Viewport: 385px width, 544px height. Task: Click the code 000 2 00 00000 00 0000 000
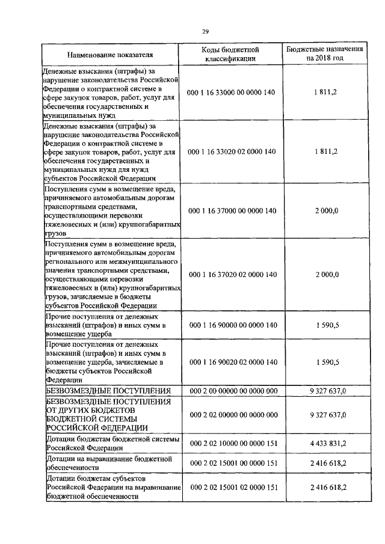pos(233,391)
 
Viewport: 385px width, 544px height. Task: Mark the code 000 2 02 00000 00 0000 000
pos(233,415)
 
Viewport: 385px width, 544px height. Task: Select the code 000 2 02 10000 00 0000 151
pos(233,443)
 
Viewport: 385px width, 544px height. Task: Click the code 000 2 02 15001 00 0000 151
pos(233,463)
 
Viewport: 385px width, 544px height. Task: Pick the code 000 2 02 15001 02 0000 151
pos(233,487)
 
